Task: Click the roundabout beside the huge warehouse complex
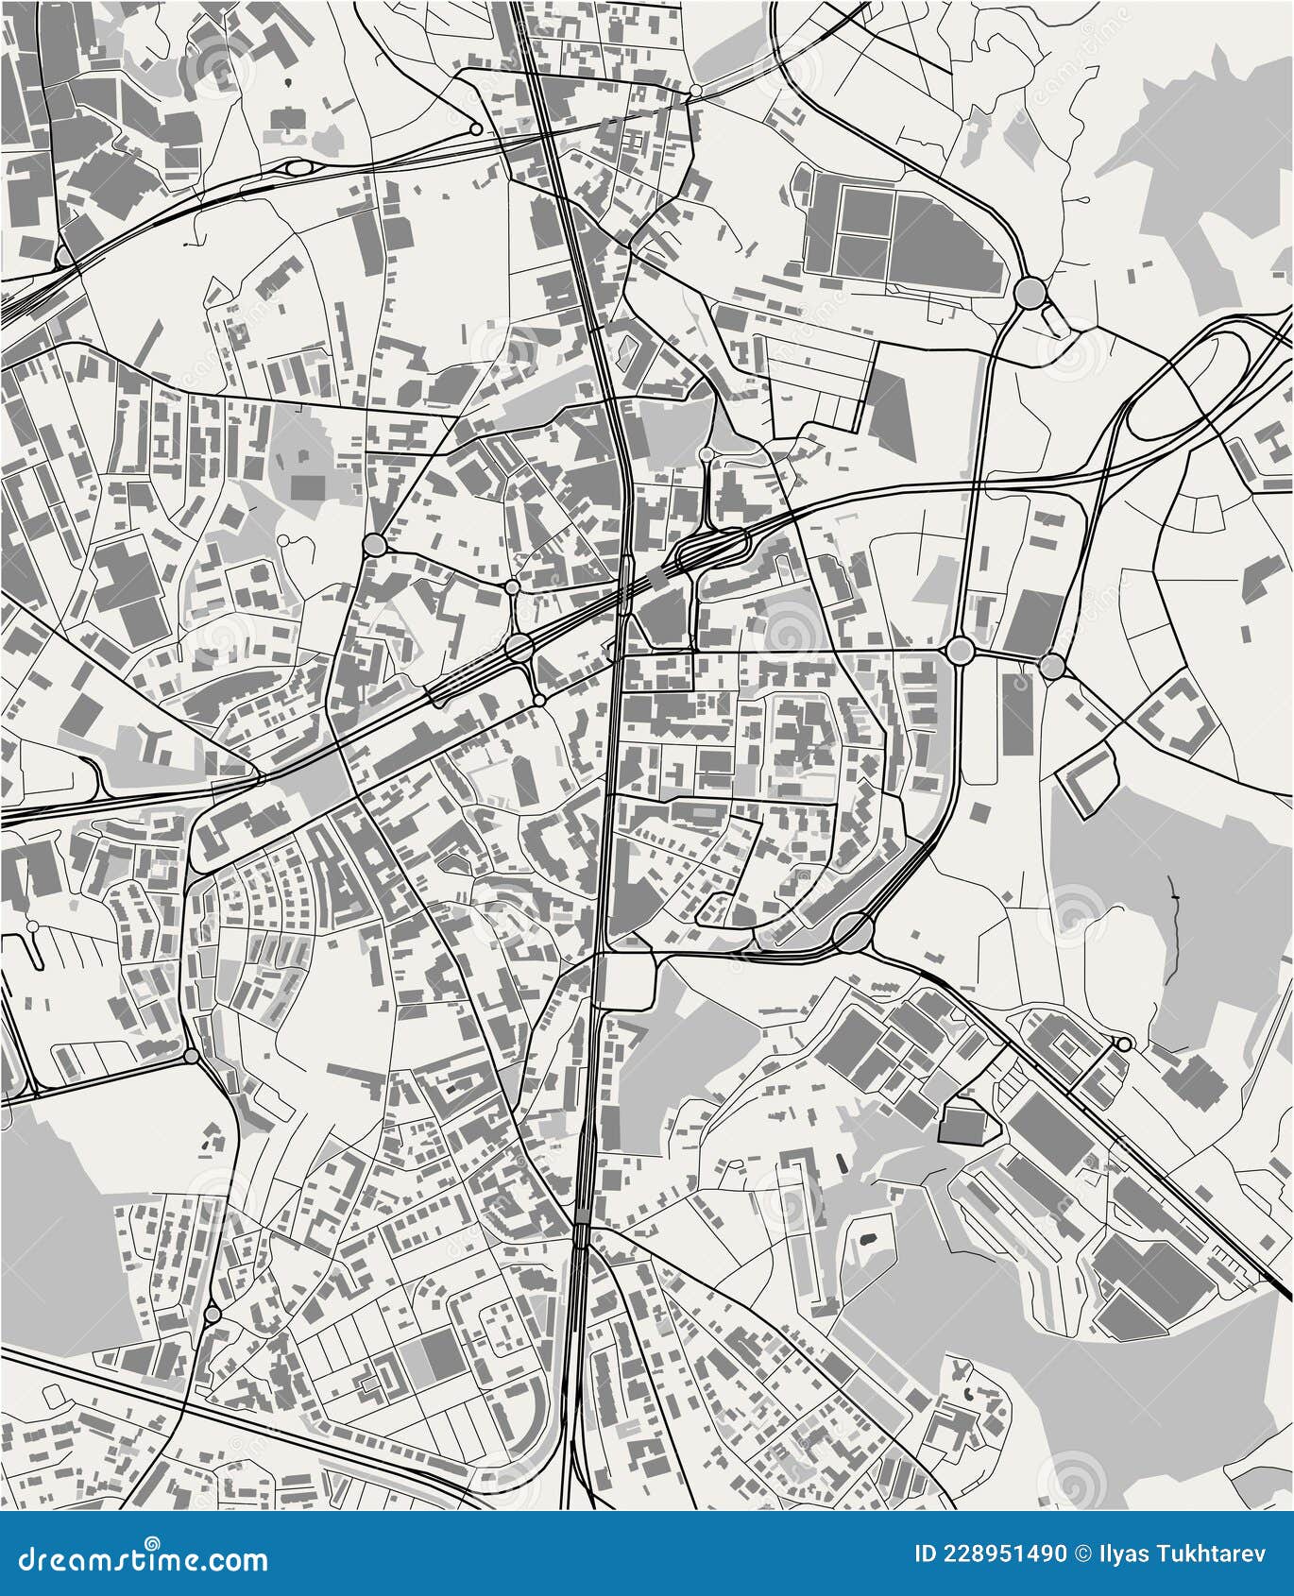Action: pyautogui.click(x=1029, y=292)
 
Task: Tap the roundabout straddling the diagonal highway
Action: pyautogui.click(x=518, y=648)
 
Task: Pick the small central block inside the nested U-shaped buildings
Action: pyautogui.click(x=1064, y=1046)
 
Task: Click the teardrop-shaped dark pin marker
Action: pyautogui.click(x=286, y=84)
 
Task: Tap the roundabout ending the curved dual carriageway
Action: pyautogui.click(x=854, y=932)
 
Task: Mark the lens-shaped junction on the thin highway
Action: pyautogui.click(x=298, y=168)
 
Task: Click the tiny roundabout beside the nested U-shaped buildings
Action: pyautogui.click(x=1123, y=1044)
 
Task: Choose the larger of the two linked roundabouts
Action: pyautogui.click(x=961, y=651)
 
